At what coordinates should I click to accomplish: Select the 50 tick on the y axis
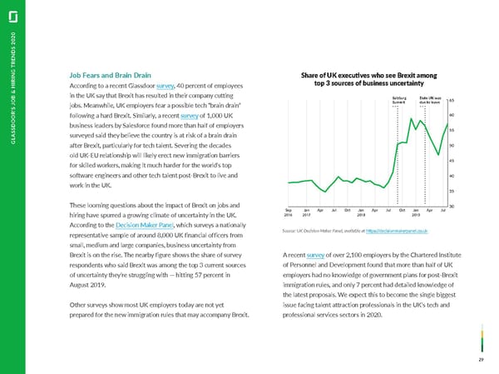pos(451,145)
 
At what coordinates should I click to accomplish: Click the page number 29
pos(482,359)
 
